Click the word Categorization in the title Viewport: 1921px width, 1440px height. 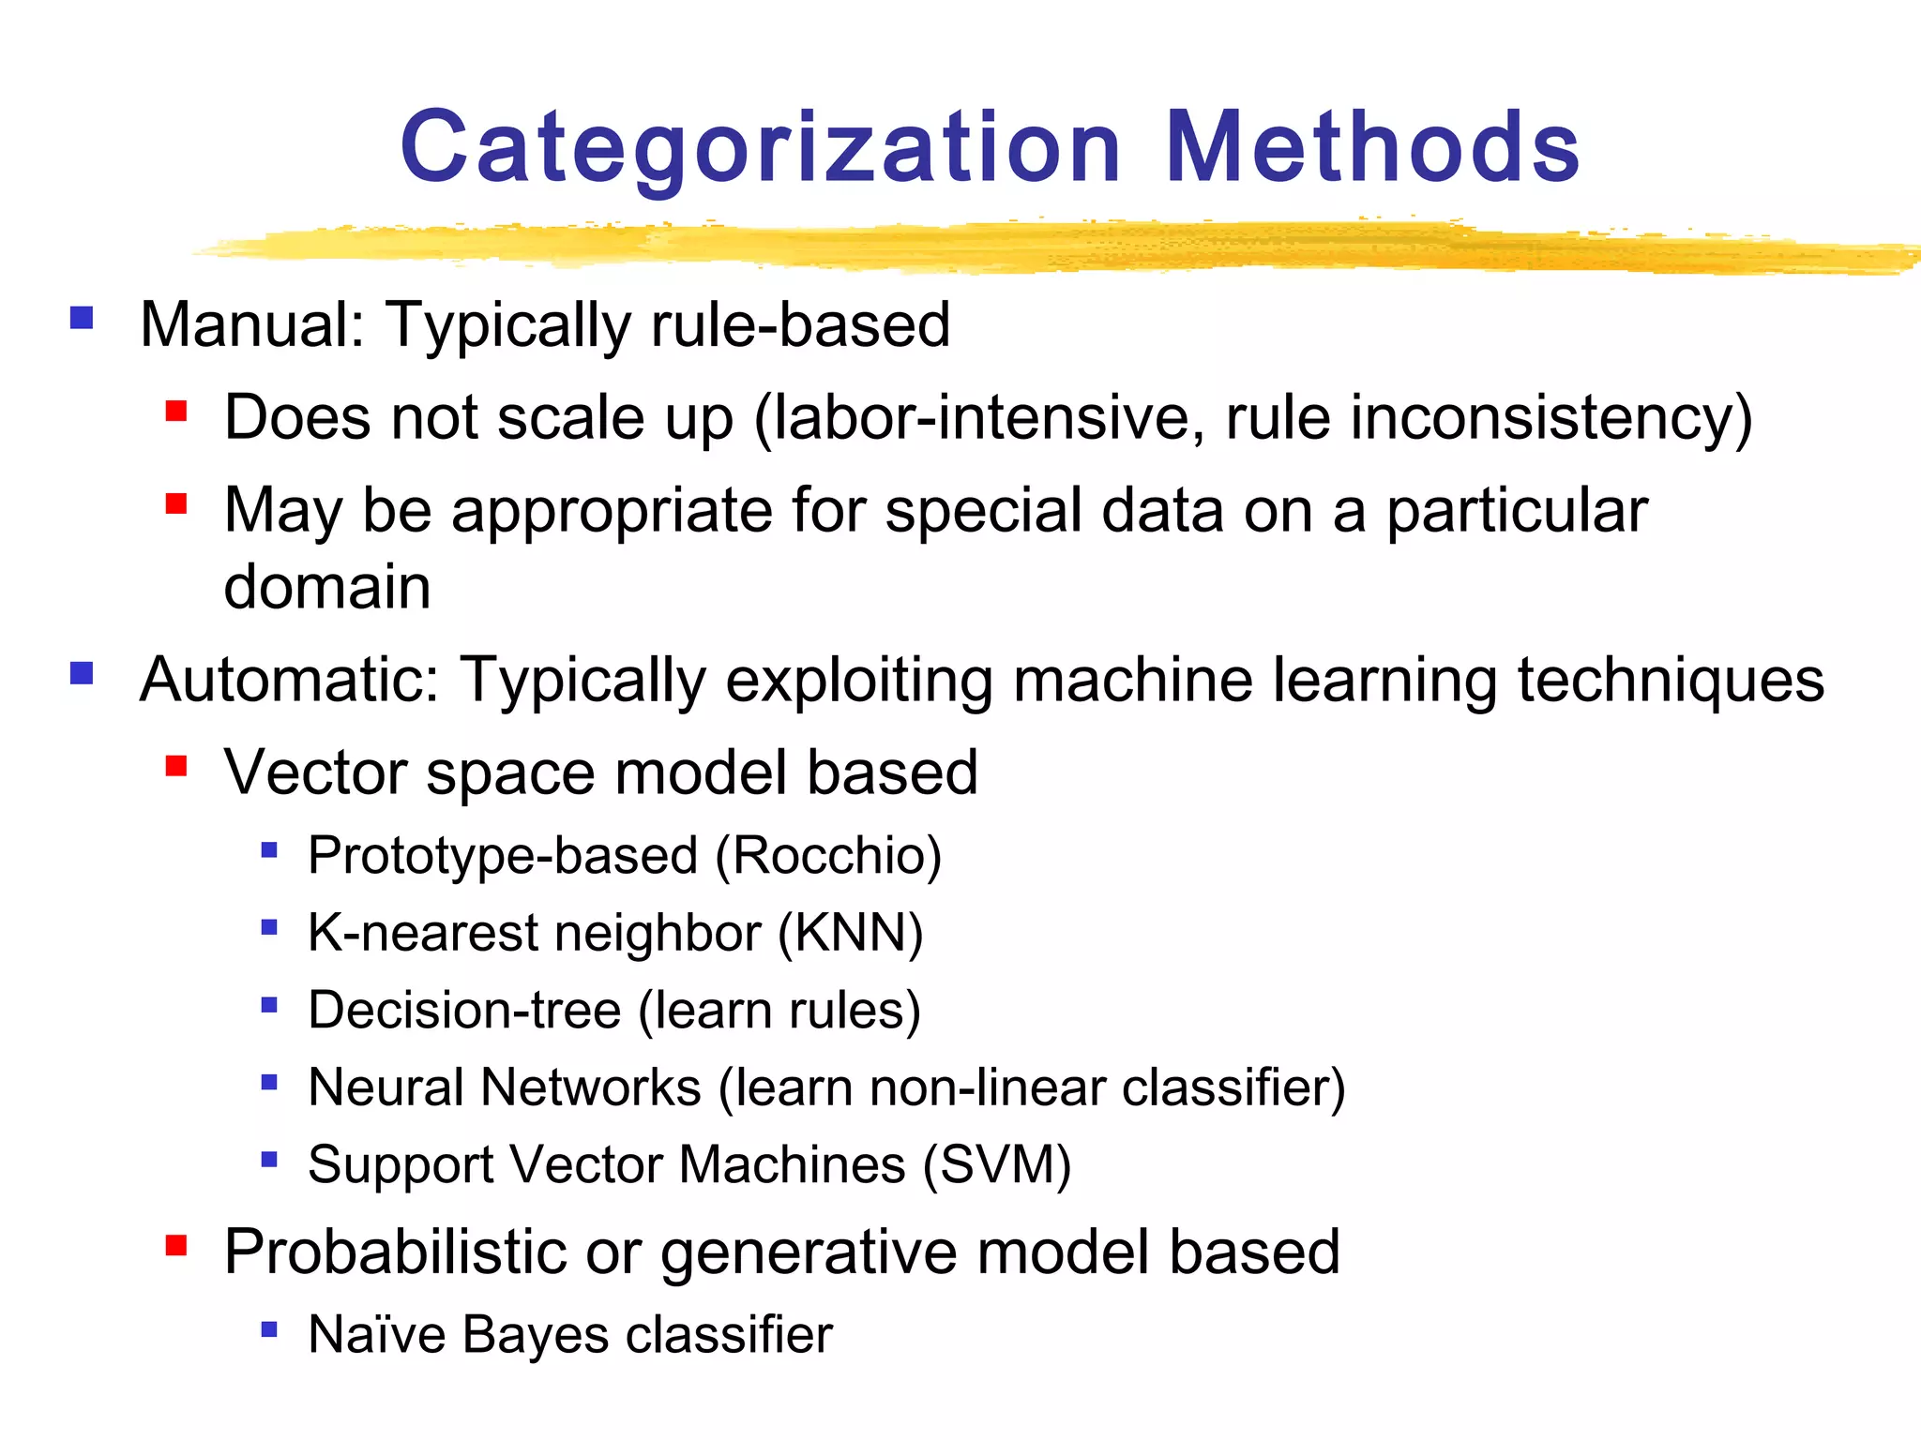(x=761, y=148)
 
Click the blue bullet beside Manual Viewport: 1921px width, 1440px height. (x=82, y=318)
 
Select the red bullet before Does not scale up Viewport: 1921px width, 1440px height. (x=175, y=411)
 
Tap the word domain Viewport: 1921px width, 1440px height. (x=327, y=587)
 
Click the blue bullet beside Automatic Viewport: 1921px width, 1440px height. (x=82, y=673)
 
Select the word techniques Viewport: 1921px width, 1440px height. (x=1671, y=679)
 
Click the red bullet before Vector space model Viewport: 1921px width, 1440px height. (x=175, y=766)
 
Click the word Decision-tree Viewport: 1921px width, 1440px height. (x=464, y=1010)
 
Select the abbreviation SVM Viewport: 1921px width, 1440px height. (x=997, y=1164)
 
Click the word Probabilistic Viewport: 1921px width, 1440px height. (x=395, y=1252)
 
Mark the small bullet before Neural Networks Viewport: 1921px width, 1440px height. (x=269, y=1083)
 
